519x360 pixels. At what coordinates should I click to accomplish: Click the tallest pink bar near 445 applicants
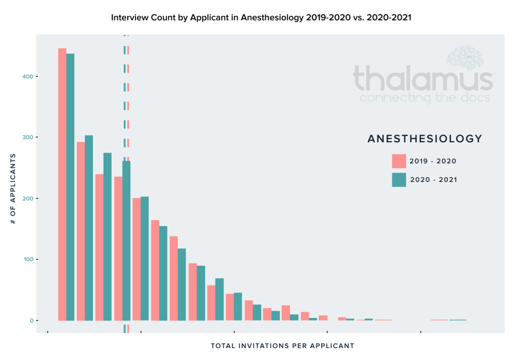pos(62,184)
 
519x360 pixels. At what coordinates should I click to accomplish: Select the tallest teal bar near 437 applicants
pos(70,187)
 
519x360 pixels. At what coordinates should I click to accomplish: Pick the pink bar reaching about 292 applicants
pos(81,231)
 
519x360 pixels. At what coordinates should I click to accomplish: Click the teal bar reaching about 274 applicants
pos(108,236)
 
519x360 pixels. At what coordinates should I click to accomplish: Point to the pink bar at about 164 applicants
pos(155,270)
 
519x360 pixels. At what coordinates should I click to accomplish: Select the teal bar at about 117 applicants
pos(182,284)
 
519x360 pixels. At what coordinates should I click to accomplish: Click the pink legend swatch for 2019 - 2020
pos(398,161)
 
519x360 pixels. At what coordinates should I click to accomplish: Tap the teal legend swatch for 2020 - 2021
pos(398,180)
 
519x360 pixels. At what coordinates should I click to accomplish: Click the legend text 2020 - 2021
pos(433,180)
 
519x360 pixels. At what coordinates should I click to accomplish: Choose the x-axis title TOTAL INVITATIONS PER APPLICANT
pos(282,345)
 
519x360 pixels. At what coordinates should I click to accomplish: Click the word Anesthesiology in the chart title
pos(270,17)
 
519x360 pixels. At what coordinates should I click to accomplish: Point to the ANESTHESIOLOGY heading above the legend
pos(424,139)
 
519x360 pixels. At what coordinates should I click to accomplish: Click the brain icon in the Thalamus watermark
pos(465,58)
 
